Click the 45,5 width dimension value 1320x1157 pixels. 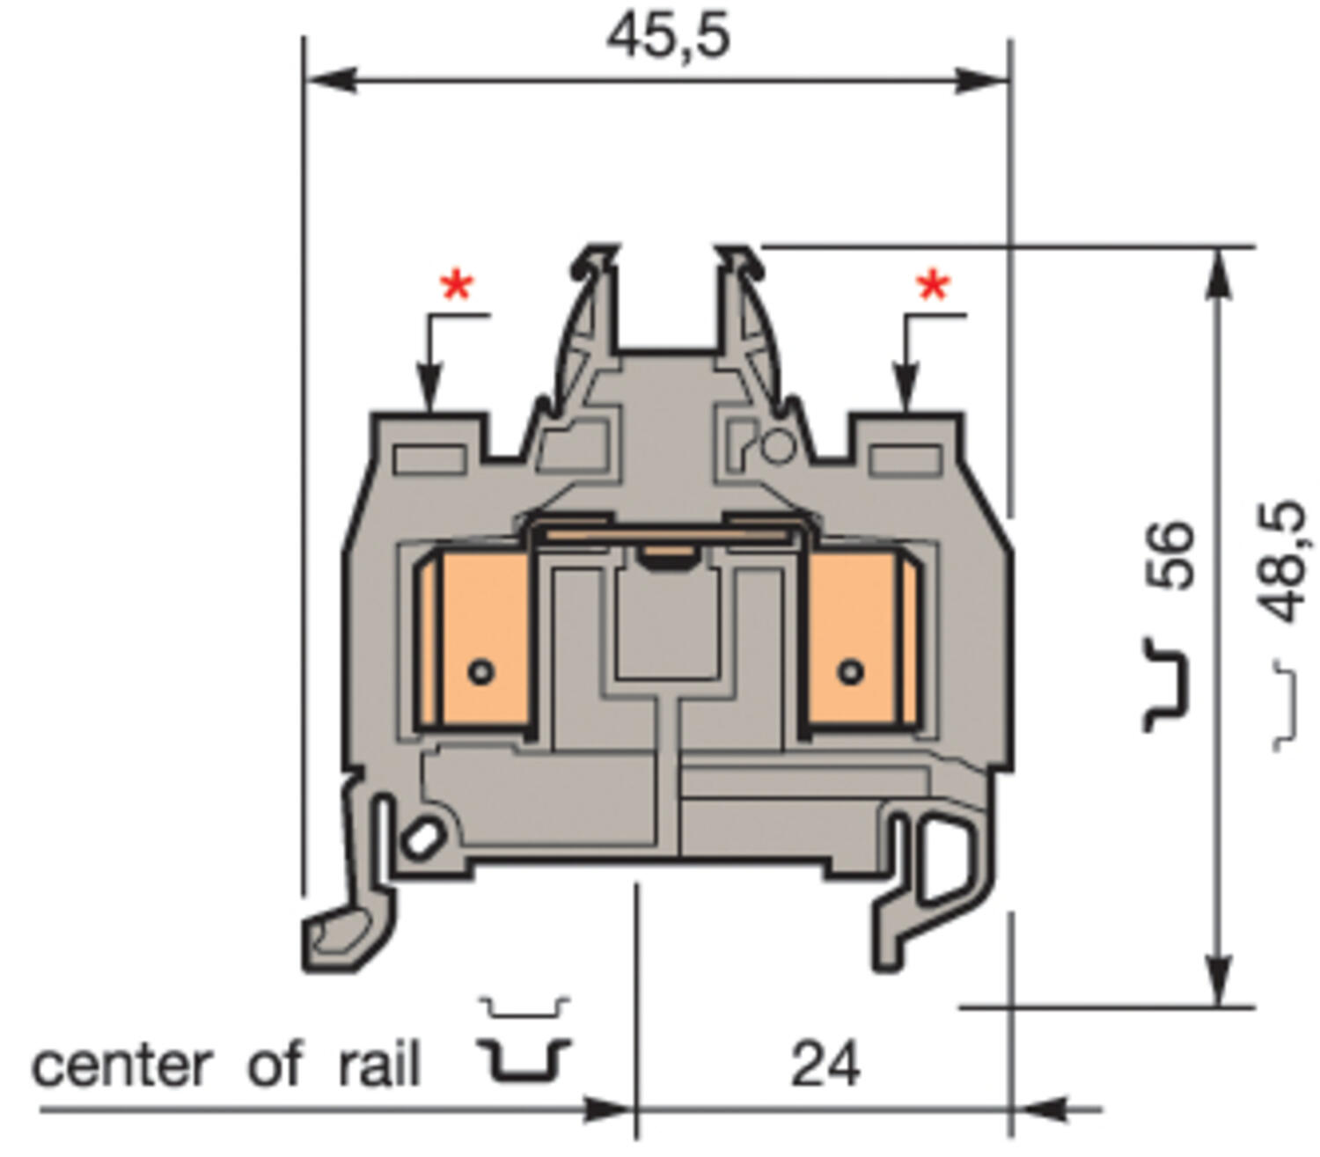click(668, 37)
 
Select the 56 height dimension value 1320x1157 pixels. click(1173, 554)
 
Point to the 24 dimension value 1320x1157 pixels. click(825, 1065)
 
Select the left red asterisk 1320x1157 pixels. click(457, 287)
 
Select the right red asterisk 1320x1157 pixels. click(933, 287)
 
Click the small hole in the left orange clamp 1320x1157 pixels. click(480, 672)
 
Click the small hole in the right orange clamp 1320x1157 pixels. click(850, 672)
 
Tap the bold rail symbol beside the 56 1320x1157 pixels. click(1167, 685)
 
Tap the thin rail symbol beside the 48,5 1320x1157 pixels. click(1286, 704)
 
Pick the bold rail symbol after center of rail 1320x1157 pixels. click(524, 1060)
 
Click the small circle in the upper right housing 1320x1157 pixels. click(776, 446)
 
